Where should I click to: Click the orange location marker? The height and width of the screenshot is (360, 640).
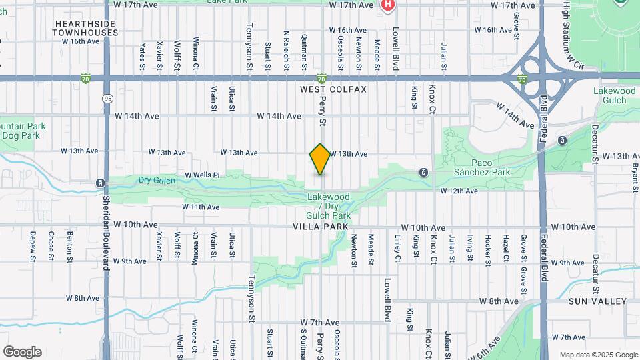(x=320, y=159)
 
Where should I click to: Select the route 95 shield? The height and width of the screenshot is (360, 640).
(x=107, y=98)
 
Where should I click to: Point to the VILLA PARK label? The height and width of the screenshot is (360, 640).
(x=321, y=227)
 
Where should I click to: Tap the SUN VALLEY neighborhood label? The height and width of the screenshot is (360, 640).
(x=597, y=301)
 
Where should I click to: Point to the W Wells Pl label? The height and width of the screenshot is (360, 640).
(x=202, y=175)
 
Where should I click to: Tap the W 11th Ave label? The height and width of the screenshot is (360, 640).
(x=201, y=207)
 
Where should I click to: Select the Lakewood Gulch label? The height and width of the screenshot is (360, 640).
(x=614, y=95)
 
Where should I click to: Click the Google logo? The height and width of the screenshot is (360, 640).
(x=22, y=352)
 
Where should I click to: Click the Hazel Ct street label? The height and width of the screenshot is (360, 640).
(x=507, y=248)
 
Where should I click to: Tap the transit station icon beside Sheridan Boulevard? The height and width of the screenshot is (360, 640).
(x=100, y=183)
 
